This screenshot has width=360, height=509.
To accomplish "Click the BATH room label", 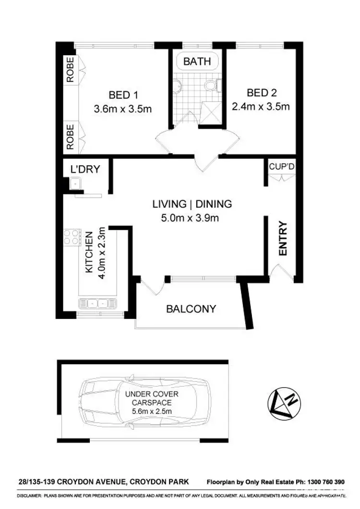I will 197,61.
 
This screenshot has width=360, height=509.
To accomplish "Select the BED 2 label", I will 262,93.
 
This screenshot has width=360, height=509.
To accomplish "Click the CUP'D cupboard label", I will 281,166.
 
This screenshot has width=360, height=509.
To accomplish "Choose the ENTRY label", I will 283,238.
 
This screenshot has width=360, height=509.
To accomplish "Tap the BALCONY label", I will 191,309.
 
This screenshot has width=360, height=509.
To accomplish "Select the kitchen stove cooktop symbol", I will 72,237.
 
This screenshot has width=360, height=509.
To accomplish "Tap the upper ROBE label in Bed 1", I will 71,71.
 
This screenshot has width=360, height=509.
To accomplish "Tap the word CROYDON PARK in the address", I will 162,482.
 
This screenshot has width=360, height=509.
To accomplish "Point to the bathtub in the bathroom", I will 197,62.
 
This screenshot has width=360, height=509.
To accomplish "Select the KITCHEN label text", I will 89,253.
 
